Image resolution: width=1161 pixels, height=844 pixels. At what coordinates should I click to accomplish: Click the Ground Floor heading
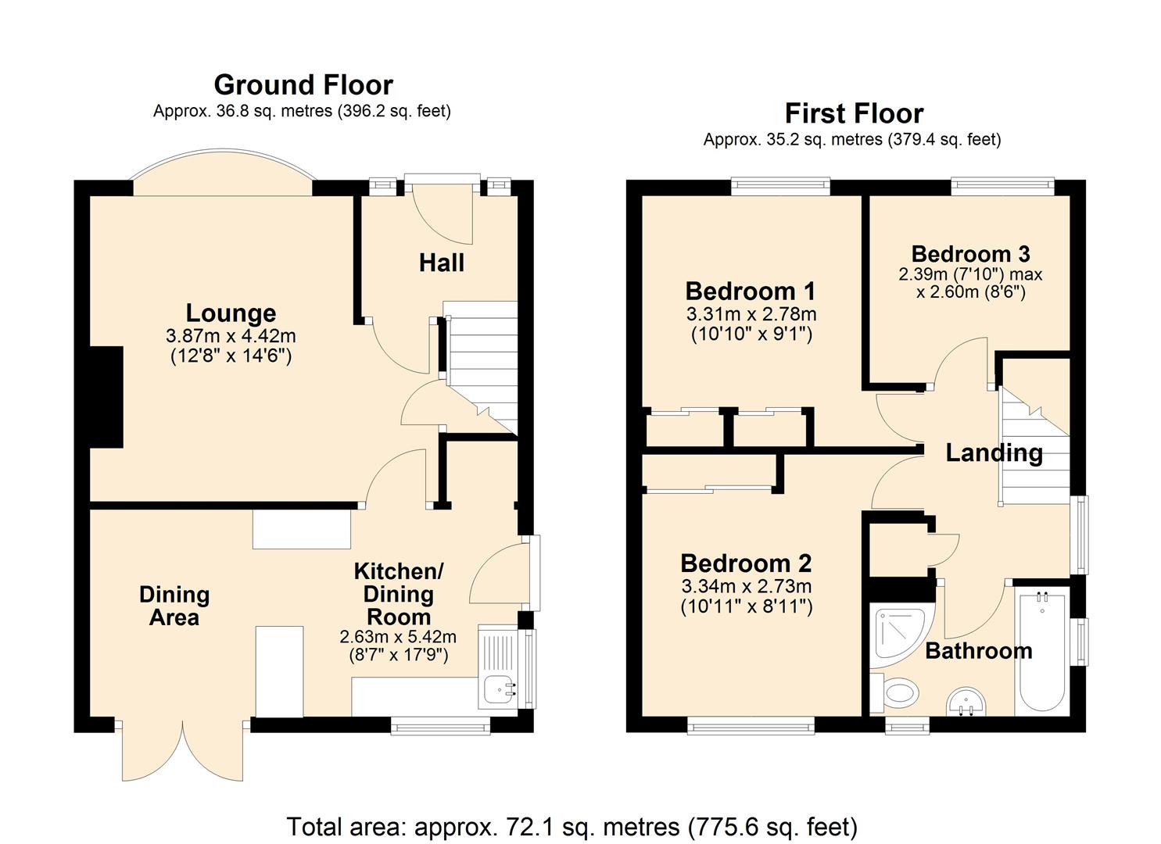(303, 85)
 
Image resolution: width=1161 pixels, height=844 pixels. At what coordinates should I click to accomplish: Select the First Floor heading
(855, 113)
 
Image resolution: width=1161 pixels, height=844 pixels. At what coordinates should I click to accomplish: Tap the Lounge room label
(231, 313)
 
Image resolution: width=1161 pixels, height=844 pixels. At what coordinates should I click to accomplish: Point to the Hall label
(442, 263)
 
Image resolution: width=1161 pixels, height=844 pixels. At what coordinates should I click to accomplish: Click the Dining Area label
(174, 606)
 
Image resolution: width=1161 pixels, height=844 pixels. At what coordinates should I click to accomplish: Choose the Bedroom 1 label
(750, 291)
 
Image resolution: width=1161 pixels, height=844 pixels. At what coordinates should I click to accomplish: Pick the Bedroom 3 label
(970, 254)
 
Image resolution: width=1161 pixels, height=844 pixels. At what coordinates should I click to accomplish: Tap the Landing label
(994, 452)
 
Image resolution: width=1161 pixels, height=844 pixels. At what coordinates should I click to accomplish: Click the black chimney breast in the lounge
(106, 397)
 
